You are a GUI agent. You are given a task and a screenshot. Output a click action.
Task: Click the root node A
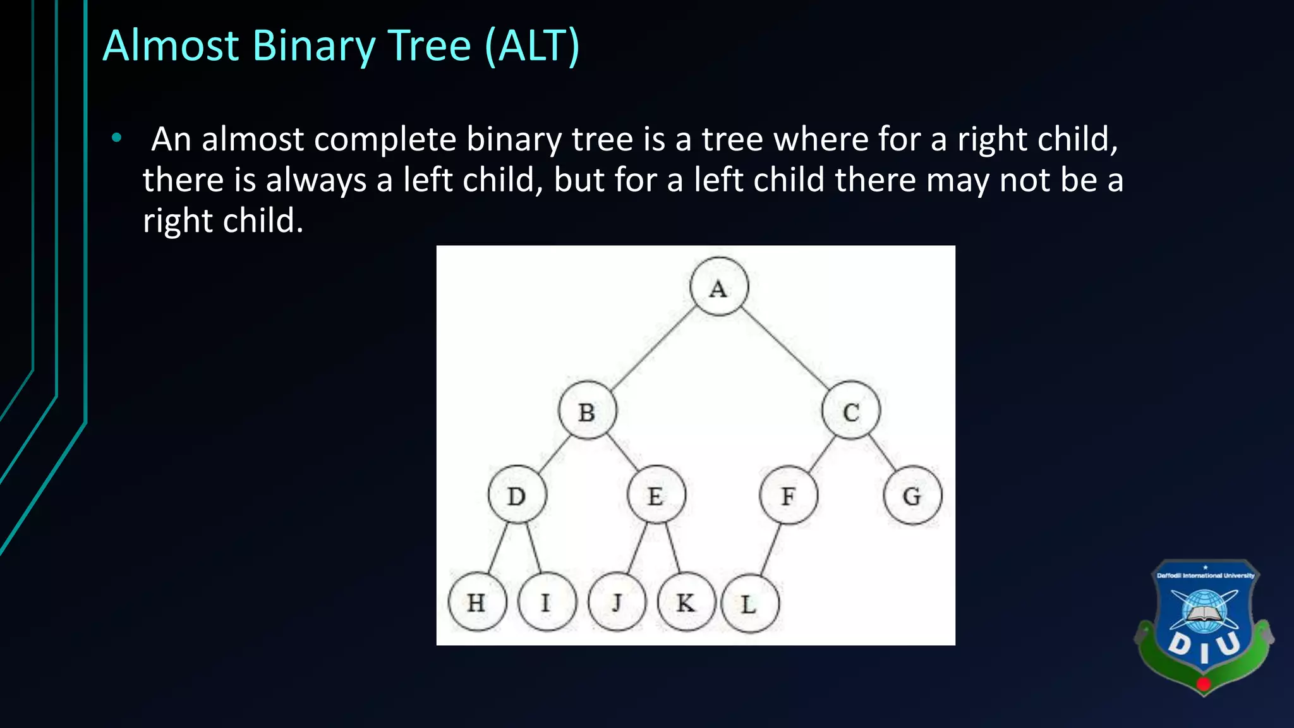[719, 287]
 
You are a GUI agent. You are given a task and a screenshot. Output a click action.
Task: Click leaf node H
[477, 602]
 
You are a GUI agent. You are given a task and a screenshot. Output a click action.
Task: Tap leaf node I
[547, 602]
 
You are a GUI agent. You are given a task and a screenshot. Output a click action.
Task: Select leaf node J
[617, 602]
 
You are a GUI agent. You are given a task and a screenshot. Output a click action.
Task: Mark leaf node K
[686, 602]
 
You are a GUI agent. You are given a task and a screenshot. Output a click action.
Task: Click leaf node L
[749, 604]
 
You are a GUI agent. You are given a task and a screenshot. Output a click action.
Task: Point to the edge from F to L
[770, 549]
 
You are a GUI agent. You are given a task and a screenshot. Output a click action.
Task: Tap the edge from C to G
[882, 452]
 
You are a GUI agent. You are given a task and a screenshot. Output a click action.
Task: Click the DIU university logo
[1204, 626]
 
